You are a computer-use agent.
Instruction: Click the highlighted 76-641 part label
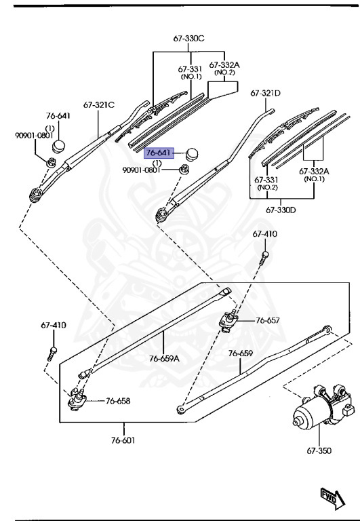click(x=159, y=153)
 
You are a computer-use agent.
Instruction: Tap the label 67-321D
click(x=266, y=93)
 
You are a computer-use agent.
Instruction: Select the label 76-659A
click(x=164, y=358)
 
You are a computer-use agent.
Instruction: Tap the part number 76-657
click(x=267, y=320)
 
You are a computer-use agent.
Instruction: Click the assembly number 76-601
click(x=124, y=440)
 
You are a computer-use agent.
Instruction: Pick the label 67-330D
click(x=282, y=210)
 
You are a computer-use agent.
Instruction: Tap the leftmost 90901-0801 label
click(x=34, y=136)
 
